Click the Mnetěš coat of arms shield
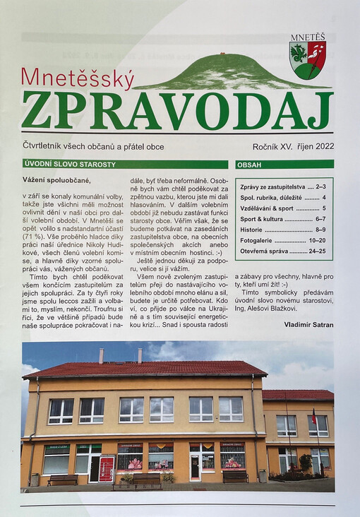pyautogui.click(x=308, y=61)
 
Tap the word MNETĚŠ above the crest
pyautogui.click(x=308, y=37)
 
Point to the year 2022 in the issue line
pyautogui.click(x=321, y=147)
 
